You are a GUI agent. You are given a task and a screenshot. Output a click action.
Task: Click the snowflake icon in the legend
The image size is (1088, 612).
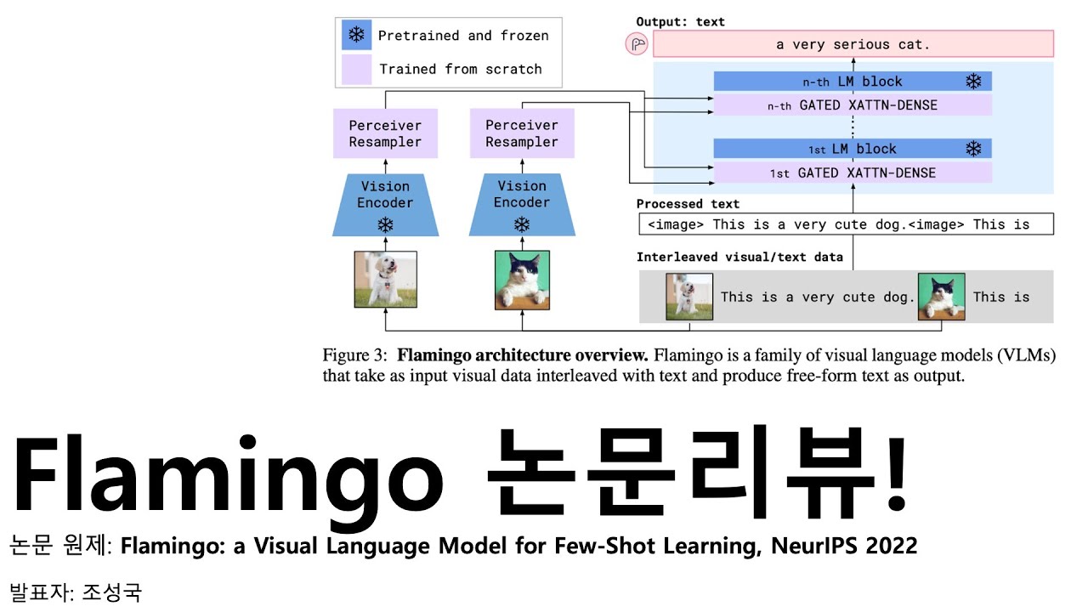pos(356,36)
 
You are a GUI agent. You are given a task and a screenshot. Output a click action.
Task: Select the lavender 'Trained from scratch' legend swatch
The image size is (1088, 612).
pos(356,69)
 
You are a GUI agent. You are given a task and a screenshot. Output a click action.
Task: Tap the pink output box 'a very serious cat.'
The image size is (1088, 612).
pos(853,44)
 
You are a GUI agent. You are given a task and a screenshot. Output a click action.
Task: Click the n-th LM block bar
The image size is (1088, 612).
pos(853,82)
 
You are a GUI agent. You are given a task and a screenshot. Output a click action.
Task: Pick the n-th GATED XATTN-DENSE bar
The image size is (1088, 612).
pos(853,105)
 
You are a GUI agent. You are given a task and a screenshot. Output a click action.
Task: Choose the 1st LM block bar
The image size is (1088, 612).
pos(853,149)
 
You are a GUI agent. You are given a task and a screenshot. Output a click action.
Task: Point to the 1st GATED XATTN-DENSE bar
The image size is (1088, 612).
pos(853,173)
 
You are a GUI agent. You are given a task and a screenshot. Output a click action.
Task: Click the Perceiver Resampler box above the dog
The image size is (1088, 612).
pos(385,133)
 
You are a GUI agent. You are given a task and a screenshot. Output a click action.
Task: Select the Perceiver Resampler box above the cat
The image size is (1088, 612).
pos(522,133)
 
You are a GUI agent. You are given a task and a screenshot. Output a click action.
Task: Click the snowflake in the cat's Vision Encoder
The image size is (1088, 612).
pos(522,224)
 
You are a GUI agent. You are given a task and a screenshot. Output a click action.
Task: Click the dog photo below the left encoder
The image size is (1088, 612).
pos(385,279)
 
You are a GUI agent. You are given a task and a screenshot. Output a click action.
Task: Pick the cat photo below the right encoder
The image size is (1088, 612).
pos(522,279)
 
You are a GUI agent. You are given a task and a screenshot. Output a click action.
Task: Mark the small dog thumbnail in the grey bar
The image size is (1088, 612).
pos(689,297)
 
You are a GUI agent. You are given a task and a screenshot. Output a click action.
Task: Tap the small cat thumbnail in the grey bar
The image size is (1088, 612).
pos(941,297)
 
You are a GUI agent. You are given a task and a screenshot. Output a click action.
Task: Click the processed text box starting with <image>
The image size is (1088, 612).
pos(846,224)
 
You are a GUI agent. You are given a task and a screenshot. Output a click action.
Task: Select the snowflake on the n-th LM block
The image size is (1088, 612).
pos(973,82)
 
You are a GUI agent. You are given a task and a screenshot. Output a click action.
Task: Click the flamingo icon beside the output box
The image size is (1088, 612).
pos(637,44)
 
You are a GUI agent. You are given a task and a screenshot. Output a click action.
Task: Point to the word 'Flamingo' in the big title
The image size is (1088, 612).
pos(228,480)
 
